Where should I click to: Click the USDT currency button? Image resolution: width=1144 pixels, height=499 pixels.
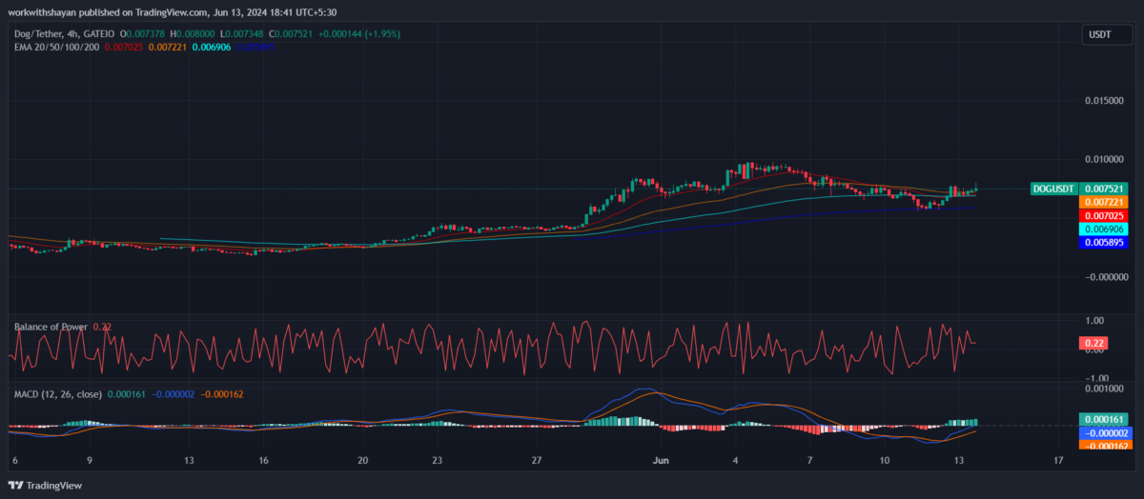click(1100, 35)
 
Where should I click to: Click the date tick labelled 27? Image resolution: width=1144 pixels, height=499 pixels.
click(538, 461)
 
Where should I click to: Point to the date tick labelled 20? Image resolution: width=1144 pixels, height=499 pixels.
click(362, 461)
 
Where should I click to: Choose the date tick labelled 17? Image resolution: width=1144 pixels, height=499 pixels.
click(1058, 461)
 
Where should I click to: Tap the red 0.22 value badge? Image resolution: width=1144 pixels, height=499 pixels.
click(1092, 343)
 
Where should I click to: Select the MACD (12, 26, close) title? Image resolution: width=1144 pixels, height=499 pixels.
click(57, 392)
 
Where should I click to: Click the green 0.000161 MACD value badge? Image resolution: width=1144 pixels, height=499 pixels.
click(1103, 418)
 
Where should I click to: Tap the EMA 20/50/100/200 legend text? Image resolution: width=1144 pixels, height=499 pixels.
click(56, 46)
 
